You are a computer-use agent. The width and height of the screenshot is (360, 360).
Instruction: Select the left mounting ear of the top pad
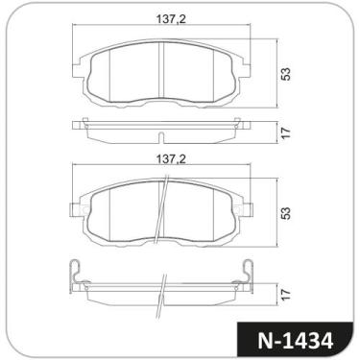pos(77,69)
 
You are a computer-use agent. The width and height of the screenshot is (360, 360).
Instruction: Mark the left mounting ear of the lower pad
pos(77,207)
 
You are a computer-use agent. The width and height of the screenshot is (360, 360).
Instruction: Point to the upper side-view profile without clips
pos(160,130)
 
